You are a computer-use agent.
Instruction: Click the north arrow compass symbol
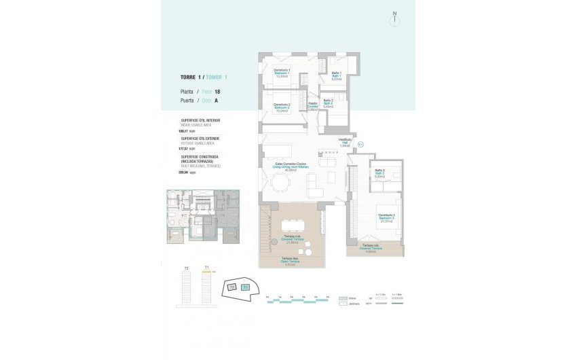[x=394, y=19]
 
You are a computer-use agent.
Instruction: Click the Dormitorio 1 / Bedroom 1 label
[x=282, y=73]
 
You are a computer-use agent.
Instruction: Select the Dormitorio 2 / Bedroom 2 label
[x=282, y=107]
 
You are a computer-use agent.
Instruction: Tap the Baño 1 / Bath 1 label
[x=336, y=76]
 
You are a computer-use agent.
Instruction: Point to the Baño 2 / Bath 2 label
[x=327, y=103]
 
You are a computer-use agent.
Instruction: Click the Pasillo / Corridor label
[x=313, y=107]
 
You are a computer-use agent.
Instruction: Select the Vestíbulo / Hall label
[x=345, y=143]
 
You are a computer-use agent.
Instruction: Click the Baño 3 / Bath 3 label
[x=379, y=173]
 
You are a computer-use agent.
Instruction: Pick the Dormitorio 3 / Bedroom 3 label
[x=387, y=218]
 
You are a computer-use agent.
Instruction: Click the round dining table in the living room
[x=280, y=183]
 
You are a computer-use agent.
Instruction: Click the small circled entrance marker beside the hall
[x=360, y=143]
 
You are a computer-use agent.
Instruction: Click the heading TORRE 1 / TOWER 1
[x=204, y=77]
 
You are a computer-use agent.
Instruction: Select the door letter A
[x=216, y=100]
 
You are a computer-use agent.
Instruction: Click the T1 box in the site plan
[x=246, y=288]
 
